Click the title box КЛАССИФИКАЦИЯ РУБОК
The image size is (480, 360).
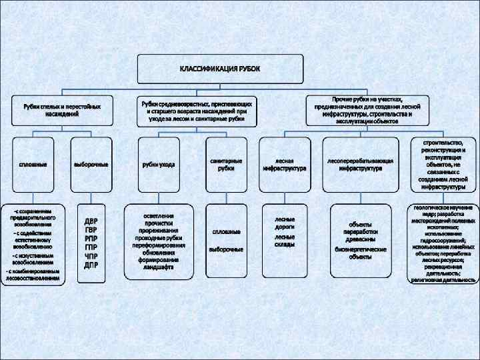point(221,69)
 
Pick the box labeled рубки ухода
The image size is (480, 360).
point(158,165)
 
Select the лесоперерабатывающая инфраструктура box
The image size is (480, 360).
point(361,165)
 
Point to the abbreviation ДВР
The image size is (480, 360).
point(91,221)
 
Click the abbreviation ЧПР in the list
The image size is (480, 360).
point(91,256)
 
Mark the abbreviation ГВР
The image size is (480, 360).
point(91,229)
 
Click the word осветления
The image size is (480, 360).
point(159,216)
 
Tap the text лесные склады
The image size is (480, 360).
point(284,241)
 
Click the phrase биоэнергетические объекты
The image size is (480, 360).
point(361,252)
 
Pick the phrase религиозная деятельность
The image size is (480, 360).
point(443,281)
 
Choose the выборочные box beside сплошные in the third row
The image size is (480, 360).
point(91,165)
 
